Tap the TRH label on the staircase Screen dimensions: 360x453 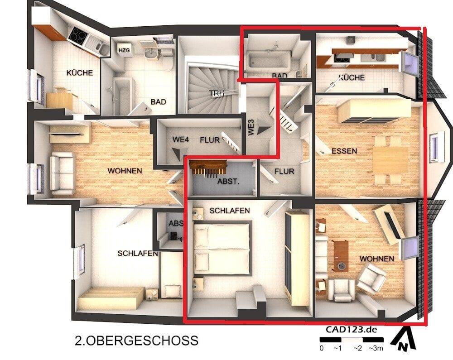click(215, 93)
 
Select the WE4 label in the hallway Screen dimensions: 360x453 click(180, 140)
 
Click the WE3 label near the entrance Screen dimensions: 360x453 click(251, 128)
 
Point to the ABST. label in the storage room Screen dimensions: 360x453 click(228, 181)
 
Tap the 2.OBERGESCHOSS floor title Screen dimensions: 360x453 click(135, 340)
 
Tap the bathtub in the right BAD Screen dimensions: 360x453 click(267, 61)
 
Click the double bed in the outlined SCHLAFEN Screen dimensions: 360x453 click(222, 249)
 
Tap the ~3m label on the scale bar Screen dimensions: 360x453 click(376, 348)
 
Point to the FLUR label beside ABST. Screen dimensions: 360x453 click(284, 172)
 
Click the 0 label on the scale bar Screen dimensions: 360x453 click(322, 348)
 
